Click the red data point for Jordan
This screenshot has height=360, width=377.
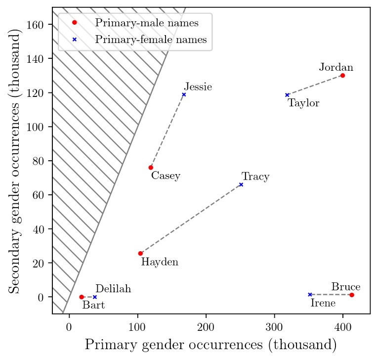click(x=342, y=76)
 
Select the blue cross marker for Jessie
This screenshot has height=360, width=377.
click(x=184, y=94)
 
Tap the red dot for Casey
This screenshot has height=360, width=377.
click(x=151, y=168)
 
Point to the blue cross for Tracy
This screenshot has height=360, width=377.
click(x=241, y=184)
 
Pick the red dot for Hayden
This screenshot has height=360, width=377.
click(x=140, y=253)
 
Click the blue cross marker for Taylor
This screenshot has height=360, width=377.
click(x=287, y=95)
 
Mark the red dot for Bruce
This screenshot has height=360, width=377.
click(x=351, y=295)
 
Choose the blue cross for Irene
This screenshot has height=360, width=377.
click(x=310, y=295)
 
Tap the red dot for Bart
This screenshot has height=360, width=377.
click(x=82, y=297)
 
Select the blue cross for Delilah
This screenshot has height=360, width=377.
click(x=95, y=297)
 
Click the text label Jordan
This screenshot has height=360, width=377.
click(x=336, y=67)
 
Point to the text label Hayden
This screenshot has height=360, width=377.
click(x=160, y=262)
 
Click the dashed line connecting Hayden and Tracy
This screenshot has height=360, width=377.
click(x=191, y=219)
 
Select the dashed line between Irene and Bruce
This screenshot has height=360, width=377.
click(x=331, y=295)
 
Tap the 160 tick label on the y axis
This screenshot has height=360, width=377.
click(x=39, y=25)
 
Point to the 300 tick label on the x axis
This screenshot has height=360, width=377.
click(x=274, y=327)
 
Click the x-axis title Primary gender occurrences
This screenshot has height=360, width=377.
click(x=211, y=345)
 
